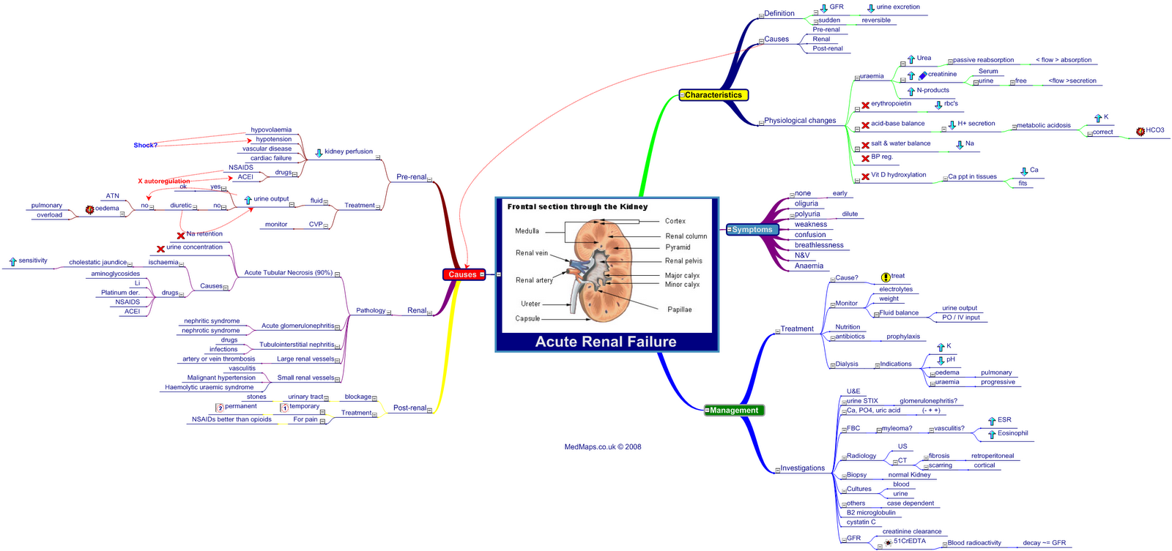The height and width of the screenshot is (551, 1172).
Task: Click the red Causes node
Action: click(x=463, y=274)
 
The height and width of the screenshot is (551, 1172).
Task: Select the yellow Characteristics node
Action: click(x=713, y=95)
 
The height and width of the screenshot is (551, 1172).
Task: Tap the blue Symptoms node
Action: click(x=752, y=230)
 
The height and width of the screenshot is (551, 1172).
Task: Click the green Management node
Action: click(x=734, y=411)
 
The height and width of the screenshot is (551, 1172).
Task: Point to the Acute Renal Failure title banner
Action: click(x=606, y=342)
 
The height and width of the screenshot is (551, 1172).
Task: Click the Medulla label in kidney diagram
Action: click(x=527, y=231)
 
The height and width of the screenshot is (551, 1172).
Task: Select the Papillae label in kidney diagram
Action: click(x=679, y=310)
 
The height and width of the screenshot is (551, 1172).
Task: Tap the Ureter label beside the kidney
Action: click(x=530, y=304)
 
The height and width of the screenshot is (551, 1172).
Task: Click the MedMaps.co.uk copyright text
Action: click(x=602, y=447)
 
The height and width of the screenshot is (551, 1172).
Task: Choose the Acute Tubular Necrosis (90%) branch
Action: click(x=288, y=273)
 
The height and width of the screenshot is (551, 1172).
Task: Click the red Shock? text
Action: click(x=145, y=146)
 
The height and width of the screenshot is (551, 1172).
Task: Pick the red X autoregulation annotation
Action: click(x=164, y=181)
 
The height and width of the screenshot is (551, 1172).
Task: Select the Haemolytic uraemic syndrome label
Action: click(x=209, y=388)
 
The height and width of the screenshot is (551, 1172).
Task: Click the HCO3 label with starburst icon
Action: click(x=1154, y=130)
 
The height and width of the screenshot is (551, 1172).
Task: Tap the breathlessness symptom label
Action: click(x=819, y=245)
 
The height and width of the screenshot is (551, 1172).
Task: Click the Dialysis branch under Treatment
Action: click(x=847, y=364)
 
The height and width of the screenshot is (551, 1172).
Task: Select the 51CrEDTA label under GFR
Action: click(x=909, y=541)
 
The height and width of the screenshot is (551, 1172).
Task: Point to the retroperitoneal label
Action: click(x=993, y=456)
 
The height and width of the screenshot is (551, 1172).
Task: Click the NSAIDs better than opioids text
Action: click(x=231, y=420)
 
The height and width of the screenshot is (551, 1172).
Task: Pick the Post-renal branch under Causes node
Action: click(x=409, y=408)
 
